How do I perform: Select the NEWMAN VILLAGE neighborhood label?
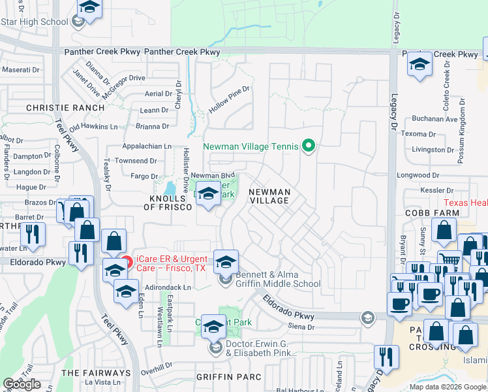269,196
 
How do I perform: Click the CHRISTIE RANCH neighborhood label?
65,107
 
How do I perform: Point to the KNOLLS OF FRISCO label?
168,202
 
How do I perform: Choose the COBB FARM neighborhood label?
425,213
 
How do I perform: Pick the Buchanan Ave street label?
435,120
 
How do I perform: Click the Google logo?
22,384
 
